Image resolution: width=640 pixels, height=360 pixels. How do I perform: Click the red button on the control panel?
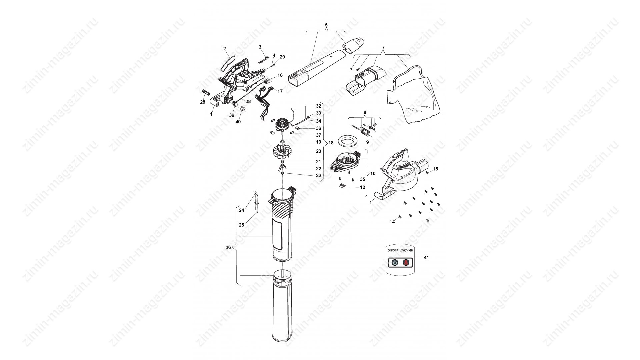pyautogui.click(x=406, y=263)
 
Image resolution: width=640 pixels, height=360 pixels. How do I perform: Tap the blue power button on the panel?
pyautogui.click(x=395, y=263)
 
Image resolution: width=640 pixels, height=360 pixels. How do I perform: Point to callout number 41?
pyautogui.click(x=426, y=258)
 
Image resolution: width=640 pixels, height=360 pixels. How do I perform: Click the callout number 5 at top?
pyautogui.click(x=326, y=25)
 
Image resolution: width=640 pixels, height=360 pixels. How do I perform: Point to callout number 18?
pyautogui.click(x=331, y=143)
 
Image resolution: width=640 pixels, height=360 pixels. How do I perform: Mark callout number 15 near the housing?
pyautogui.click(x=435, y=169)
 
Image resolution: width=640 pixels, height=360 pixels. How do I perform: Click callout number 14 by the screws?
pyautogui.click(x=392, y=222)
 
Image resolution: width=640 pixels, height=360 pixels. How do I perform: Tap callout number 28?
pyautogui.click(x=203, y=102)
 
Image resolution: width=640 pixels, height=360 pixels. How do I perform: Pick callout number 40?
pyautogui.click(x=238, y=122)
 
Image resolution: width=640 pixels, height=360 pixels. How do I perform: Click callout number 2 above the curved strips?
pyautogui.click(x=225, y=49)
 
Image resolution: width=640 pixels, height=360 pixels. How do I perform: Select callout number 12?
pyautogui.click(x=362, y=188)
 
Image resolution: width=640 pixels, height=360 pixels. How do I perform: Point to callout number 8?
pyautogui.click(x=365, y=113)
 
